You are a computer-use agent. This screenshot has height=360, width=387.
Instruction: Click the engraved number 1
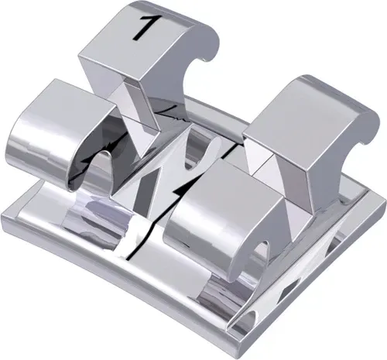click(144, 25)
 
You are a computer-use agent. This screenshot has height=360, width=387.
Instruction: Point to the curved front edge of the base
click(116, 298)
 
